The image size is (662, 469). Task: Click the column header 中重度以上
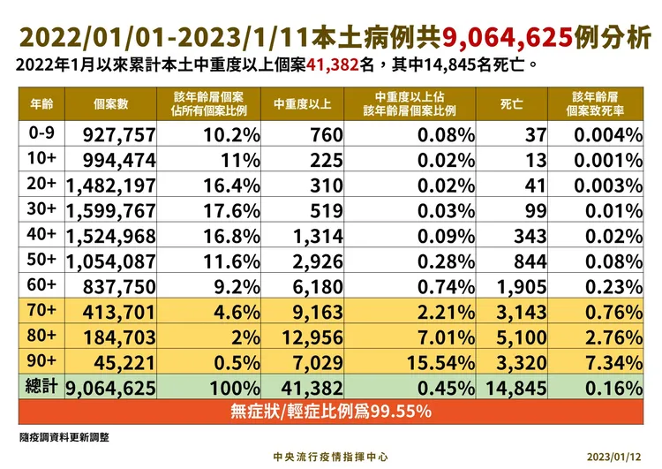303,104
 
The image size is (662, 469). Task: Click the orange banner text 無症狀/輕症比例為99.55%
331,411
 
